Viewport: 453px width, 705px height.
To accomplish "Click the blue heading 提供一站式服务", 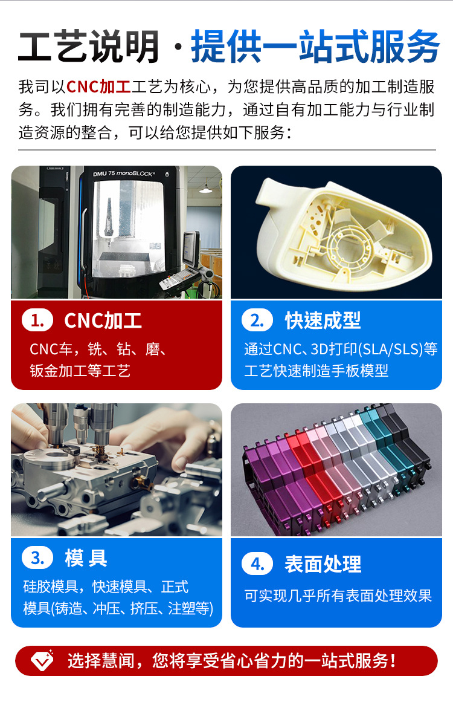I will click(315, 47).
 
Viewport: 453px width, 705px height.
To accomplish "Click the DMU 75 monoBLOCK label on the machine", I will click(124, 174).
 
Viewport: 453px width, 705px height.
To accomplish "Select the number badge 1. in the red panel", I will click(37, 320).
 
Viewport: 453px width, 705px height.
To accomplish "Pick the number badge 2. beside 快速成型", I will click(257, 320).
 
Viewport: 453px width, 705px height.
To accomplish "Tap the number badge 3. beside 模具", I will click(37, 558).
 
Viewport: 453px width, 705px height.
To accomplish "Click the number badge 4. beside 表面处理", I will click(257, 564).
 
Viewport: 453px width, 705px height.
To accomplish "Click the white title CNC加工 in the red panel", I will click(103, 320).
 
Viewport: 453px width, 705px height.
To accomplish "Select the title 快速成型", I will click(323, 320).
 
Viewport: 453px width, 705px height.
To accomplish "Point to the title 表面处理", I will click(323, 564).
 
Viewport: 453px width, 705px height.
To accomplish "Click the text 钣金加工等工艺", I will click(80, 371).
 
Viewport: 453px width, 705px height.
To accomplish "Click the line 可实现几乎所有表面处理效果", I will click(338, 596).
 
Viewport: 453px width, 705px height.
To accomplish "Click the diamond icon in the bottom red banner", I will click(42, 660).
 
